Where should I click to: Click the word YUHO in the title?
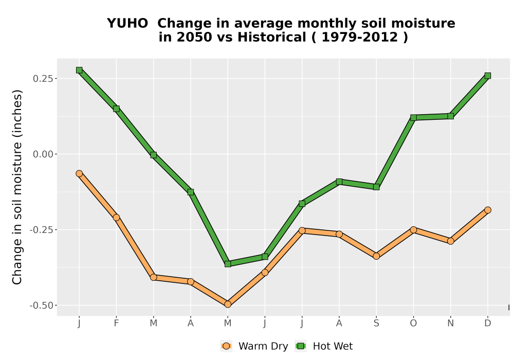point(127,24)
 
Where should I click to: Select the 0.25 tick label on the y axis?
point(43,78)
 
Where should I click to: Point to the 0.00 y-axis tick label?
point(43,154)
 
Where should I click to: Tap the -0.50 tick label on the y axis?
point(42,305)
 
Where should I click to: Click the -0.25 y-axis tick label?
point(42,230)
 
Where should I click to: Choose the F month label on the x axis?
point(116,323)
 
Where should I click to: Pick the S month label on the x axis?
point(376,323)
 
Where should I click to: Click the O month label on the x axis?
point(413,323)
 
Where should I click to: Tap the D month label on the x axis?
point(488,323)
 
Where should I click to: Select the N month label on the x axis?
point(451,323)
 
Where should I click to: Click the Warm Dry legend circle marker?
point(226,346)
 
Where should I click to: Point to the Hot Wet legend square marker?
point(301,346)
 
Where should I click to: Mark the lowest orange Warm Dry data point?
point(228,304)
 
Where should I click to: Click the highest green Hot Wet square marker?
point(79,70)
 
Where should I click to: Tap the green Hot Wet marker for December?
point(488,76)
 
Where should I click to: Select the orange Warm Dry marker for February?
point(116,218)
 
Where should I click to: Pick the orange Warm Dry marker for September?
point(376,256)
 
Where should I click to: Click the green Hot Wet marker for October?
point(413,118)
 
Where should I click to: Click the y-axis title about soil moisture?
point(17,187)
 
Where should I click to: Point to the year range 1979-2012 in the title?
point(360,37)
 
